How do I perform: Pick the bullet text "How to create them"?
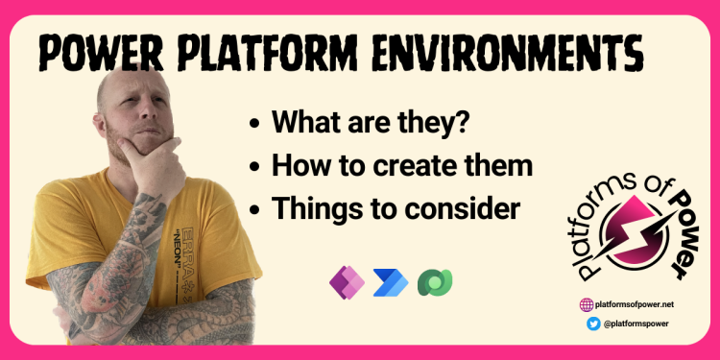[x=402, y=164]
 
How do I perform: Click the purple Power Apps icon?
[x=343, y=280]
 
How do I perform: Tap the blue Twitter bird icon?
[x=593, y=324]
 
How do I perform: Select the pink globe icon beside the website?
[x=587, y=304]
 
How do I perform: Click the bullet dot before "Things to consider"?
[x=254, y=207]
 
